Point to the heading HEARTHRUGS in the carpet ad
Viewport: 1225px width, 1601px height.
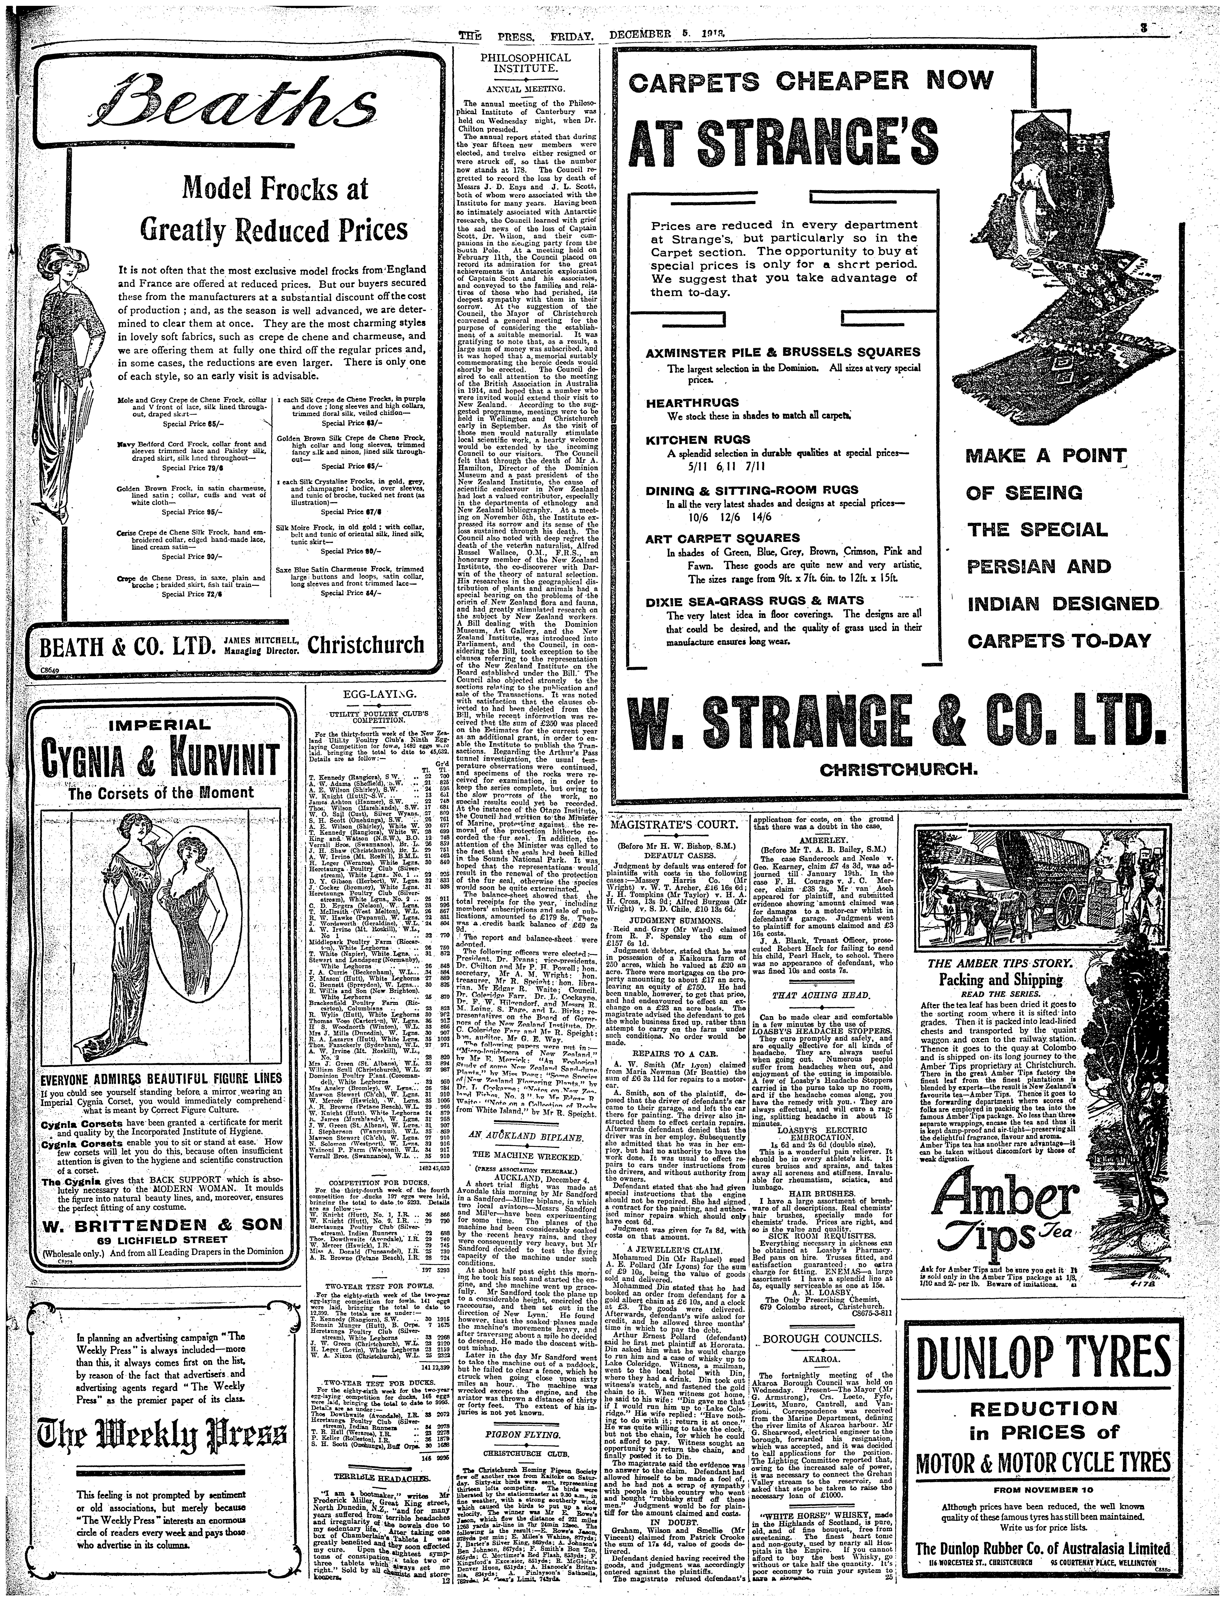pos(682,402)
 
